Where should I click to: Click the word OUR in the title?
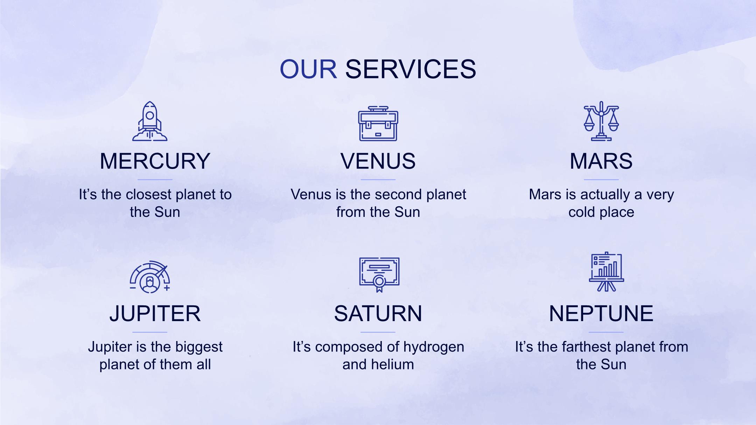(x=308, y=69)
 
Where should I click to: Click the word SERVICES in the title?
(x=411, y=69)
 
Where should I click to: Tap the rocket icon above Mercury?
(x=150, y=121)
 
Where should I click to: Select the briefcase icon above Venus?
(x=378, y=123)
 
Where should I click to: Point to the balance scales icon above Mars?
(x=601, y=121)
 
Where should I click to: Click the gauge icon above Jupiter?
(x=150, y=277)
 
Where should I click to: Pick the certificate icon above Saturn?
(x=379, y=275)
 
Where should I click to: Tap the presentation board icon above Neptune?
(x=607, y=272)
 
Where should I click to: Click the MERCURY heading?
(x=155, y=161)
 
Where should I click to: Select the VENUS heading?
(x=378, y=161)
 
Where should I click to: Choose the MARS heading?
(x=601, y=161)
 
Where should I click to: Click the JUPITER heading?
(x=155, y=314)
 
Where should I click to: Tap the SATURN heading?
(x=378, y=314)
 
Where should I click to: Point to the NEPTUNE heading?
(x=601, y=314)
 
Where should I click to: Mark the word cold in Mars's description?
(x=581, y=212)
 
